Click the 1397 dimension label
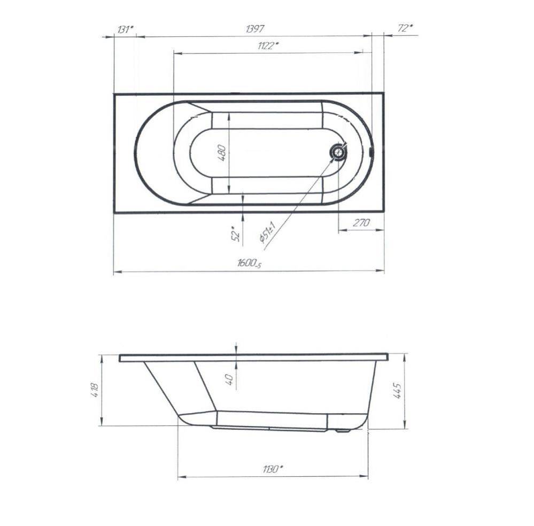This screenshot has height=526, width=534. (255, 29)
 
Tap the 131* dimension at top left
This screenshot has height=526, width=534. (125, 29)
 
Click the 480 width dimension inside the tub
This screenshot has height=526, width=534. (222, 153)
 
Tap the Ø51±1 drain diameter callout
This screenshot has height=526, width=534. (267, 232)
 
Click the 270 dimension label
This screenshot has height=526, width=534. (361, 223)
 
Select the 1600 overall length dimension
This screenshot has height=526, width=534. (249, 263)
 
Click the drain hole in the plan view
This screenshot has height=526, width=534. (338, 151)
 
